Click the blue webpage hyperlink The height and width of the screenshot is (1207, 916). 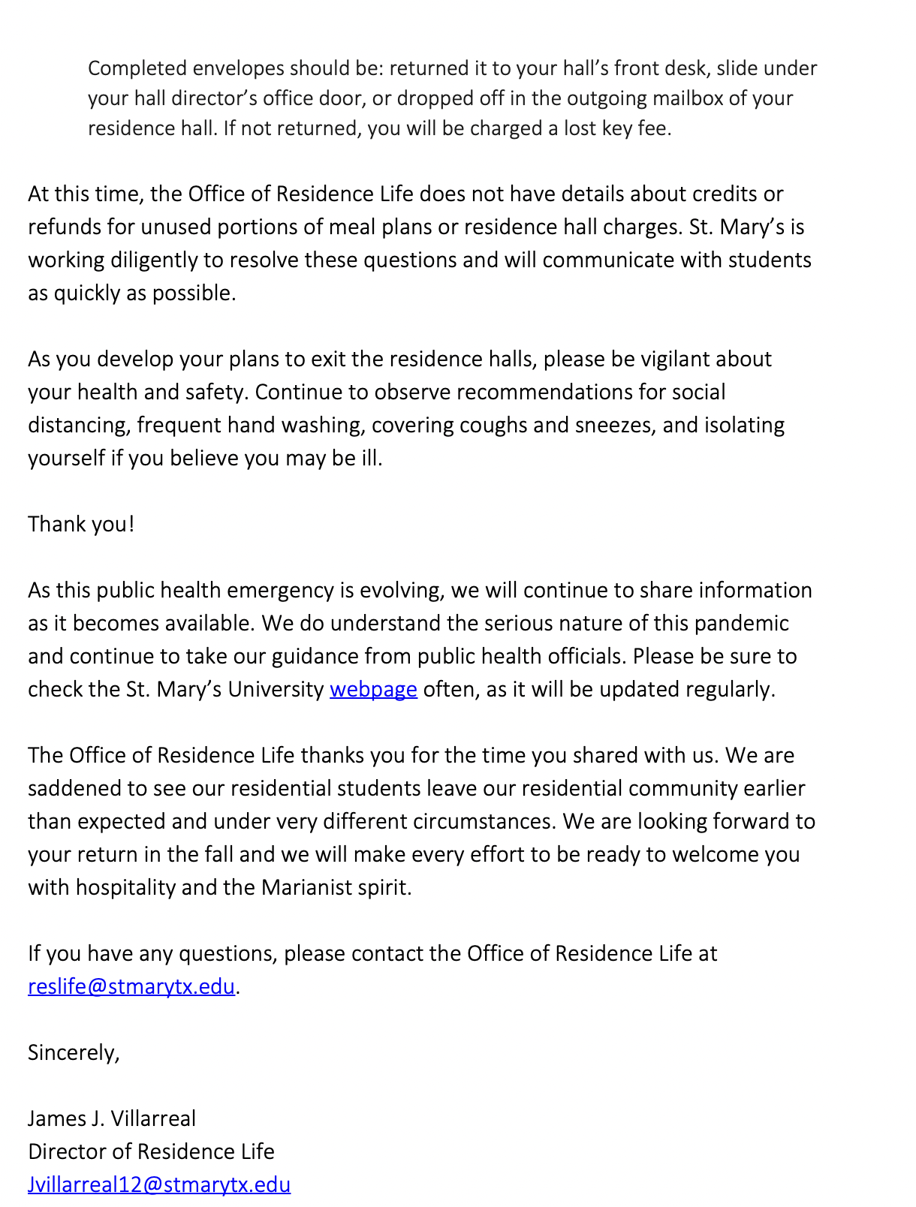pyautogui.click(x=373, y=689)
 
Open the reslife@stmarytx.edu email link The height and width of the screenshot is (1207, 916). pyautogui.click(x=131, y=986)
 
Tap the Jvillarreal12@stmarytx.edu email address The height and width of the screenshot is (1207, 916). pyautogui.click(x=159, y=1184)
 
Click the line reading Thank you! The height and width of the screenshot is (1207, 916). pyautogui.click(x=81, y=524)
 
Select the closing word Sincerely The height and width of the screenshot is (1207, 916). pyautogui.click(x=73, y=1052)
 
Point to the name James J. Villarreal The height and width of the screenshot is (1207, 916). pyautogui.click(x=112, y=1118)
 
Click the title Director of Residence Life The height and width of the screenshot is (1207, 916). pyautogui.click(x=151, y=1151)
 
